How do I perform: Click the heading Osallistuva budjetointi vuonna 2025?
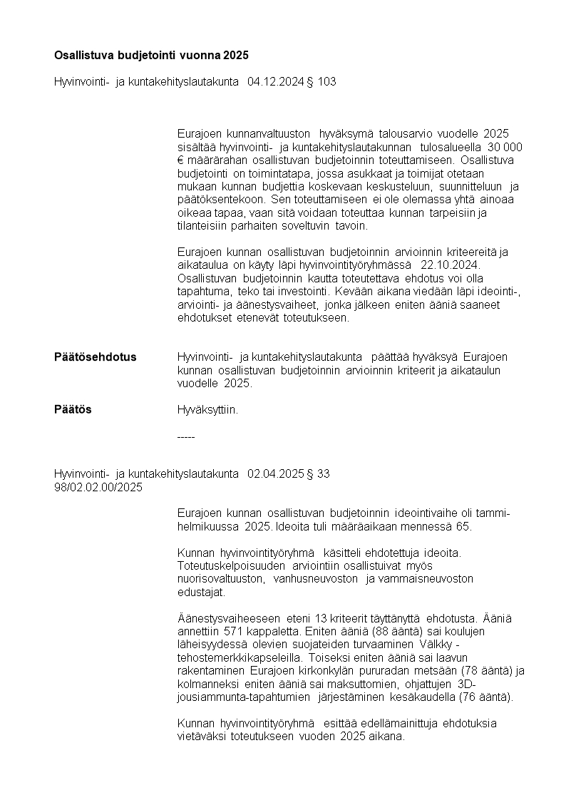[x=151, y=55]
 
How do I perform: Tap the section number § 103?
[x=321, y=82]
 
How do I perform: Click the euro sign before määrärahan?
[x=180, y=160]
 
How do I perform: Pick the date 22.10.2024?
[x=451, y=265]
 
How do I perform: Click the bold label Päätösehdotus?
[x=96, y=357]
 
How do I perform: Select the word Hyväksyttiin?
[x=207, y=410]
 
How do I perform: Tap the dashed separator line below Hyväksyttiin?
[x=185, y=436]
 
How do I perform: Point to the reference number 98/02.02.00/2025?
[x=98, y=488]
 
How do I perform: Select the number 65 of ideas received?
[x=465, y=527]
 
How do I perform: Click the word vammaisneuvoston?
[x=427, y=579]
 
